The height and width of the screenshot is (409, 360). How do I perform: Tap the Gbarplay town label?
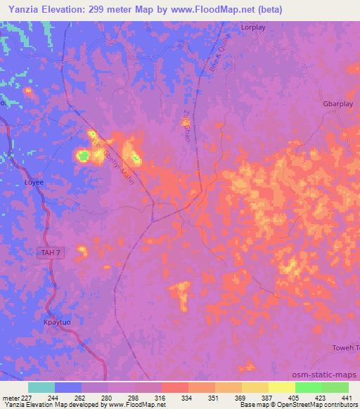[337, 103]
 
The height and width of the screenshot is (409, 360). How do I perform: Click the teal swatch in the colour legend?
[41, 387]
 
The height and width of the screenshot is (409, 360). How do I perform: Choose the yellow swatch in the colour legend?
[282, 387]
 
